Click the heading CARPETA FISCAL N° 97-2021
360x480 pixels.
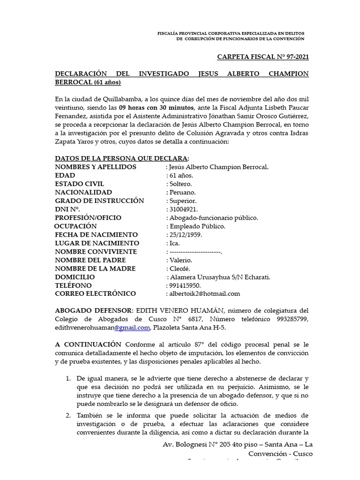tap(263, 57)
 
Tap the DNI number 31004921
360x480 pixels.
tap(184, 209)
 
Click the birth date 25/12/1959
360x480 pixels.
tap(186, 234)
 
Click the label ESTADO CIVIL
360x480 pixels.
tap(80, 184)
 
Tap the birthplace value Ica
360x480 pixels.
tap(174, 243)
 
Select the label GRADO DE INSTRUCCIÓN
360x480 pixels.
tap(99, 201)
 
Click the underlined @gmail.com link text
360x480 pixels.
tap(130, 327)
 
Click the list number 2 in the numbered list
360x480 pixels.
tap(67, 415)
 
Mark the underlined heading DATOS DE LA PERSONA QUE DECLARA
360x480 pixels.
tap(121, 158)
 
